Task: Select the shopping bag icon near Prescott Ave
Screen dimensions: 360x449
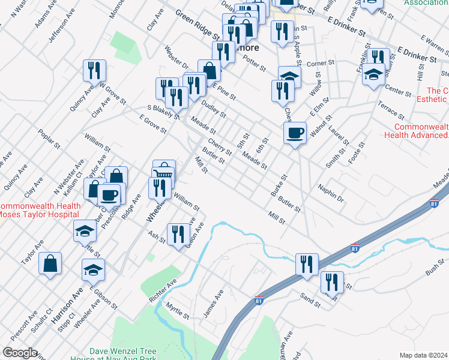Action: [x=50, y=263]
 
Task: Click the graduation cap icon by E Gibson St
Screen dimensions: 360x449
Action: [x=93, y=270]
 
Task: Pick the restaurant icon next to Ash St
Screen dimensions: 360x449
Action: [x=178, y=233]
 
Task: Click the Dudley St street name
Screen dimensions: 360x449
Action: [x=213, y=108]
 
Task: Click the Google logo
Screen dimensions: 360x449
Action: [x=20, y=353]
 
